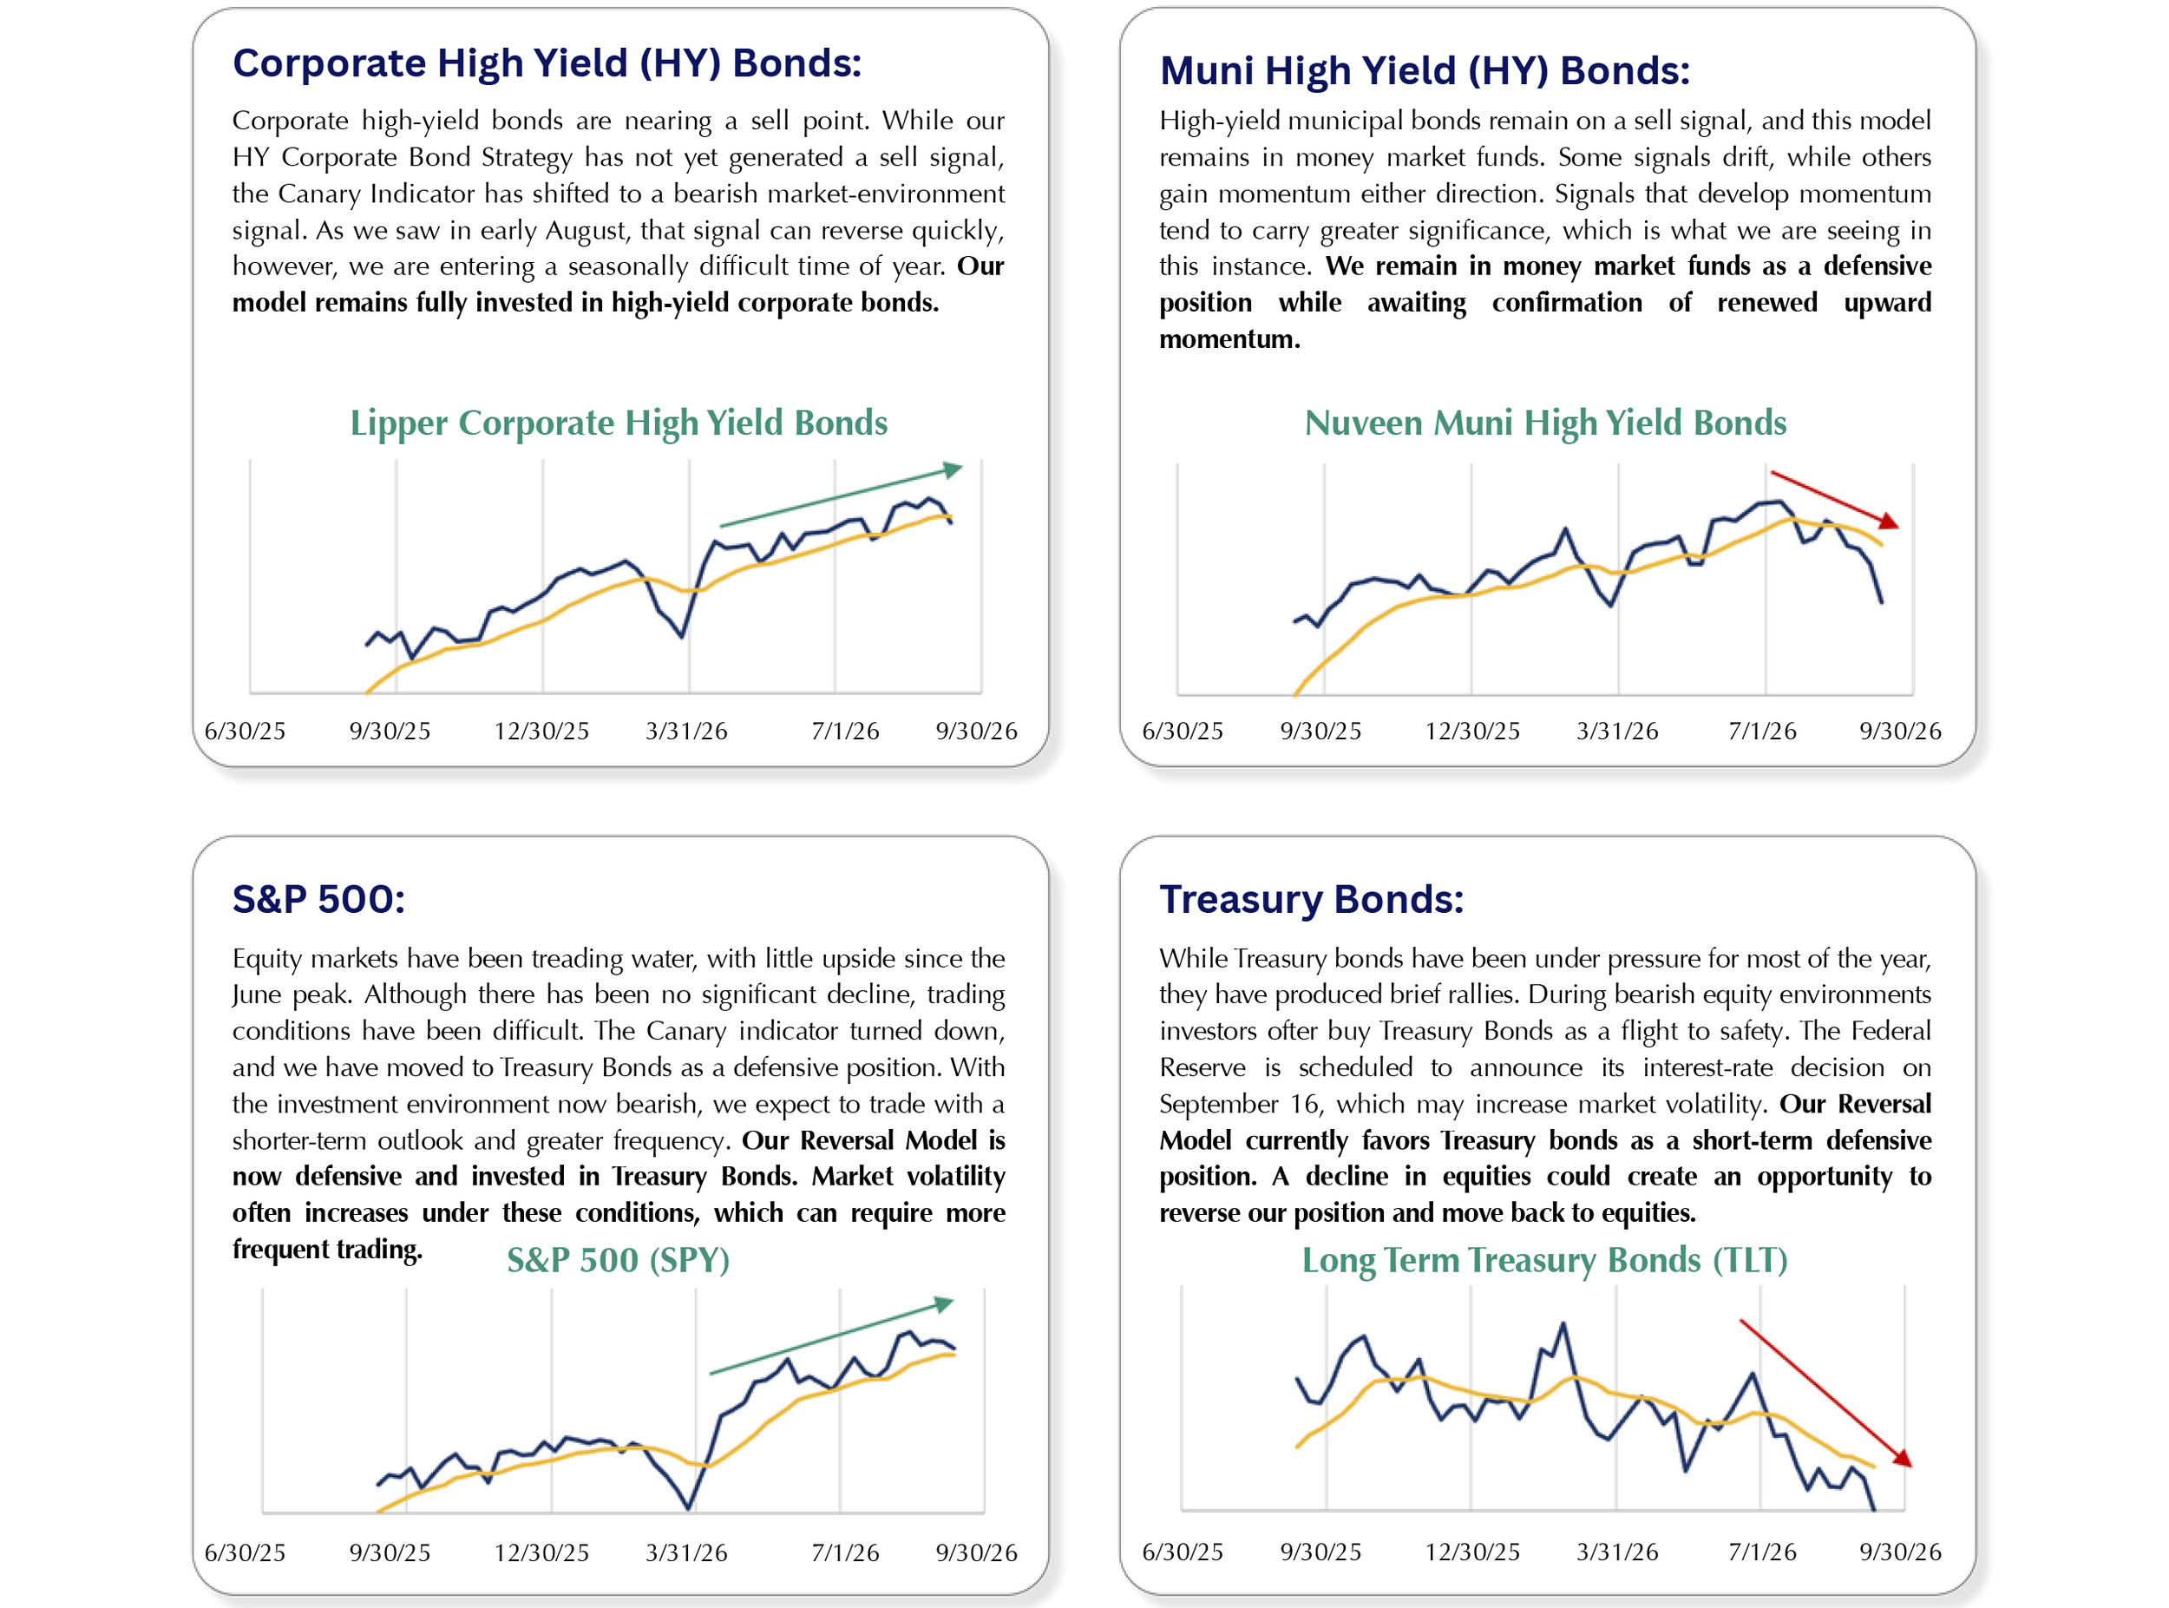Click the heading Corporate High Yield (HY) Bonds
[x=547, y=63]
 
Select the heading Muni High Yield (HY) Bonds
[x=1425, y=71]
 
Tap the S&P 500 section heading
[x=318, y=899]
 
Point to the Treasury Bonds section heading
[x=1311, y=899]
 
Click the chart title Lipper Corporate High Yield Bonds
[x=619, y=423]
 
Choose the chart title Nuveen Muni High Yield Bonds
[x=1545, y=423]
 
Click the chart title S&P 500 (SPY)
[x=618, y=1261]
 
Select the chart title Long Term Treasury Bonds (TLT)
[x=1544, y=1261]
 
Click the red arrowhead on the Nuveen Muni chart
[x=1889, y=522]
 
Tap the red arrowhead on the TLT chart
[x=1903, y=1457]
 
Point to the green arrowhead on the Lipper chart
[x=953, y=469]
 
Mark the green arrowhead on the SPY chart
[x=944, y=1303]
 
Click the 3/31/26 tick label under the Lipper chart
[x=686, y=731]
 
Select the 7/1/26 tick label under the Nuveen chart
[x=1762, y=731]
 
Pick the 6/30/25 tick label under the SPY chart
[x=246, y=1552]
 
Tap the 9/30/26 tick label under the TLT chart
[x=1899, y=1552]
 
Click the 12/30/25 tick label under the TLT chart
[x=1472, y=1552]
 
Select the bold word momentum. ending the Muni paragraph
[x=1229, y=338]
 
